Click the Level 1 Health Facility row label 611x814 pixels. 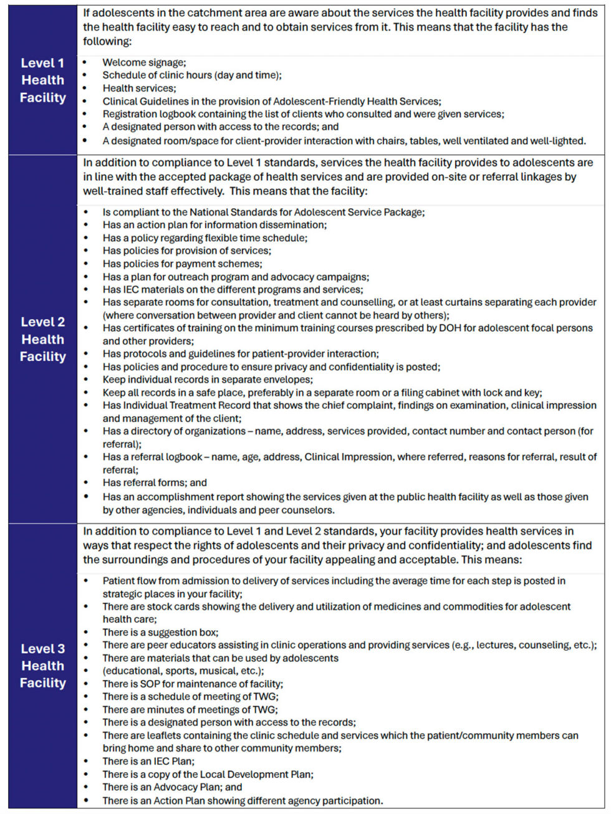click(x=42, y=80)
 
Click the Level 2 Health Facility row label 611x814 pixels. click(x=42, y=339)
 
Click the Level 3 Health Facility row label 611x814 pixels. click(x=42, y=666)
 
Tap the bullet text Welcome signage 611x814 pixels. click(x=144, y=62)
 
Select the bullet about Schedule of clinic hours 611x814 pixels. click(x=192, y=75)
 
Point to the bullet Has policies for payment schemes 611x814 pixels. click(x=182, y=264)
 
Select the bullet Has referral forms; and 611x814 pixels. click(x=155, y=482)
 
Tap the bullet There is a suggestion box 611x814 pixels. click(x=160, y=632)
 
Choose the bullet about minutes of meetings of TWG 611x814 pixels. click(x=190, y=709)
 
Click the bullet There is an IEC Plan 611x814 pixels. click(x=148, y=761)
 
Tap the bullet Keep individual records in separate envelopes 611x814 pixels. click(x=208, y=380)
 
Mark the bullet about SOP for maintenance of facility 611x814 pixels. click(x=193, y=684)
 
